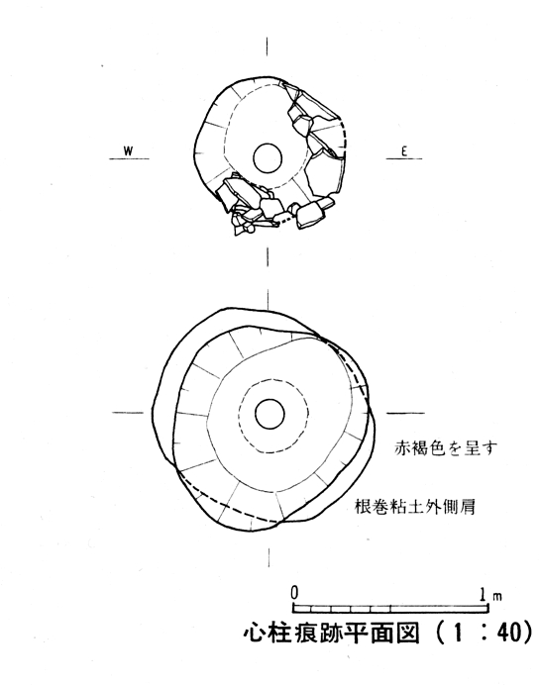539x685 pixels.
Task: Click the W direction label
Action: coord(128,151)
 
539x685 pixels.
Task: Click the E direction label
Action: coord(404,151)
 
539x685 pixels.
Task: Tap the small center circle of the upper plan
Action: coord(268,158)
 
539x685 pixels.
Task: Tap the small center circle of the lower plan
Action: coord(269,414)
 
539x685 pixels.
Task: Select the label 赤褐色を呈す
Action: coord(446,448)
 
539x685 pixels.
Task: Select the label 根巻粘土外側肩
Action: coord(414,507)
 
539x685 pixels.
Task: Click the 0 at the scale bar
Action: coord(294,593)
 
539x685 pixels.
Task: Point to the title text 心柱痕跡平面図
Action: coord(332,632)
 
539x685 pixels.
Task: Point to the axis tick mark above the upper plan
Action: coord(267,47)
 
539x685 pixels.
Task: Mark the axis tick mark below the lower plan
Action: coord(269,557)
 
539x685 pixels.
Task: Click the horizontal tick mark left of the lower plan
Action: coord(128,413)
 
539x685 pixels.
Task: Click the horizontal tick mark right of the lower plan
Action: coord(405,413)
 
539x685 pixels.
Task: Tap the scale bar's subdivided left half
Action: coord(342,609)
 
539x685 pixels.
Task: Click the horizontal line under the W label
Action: coord(129,158)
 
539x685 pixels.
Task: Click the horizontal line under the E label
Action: coord(404,158)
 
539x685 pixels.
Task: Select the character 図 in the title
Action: coord(408,632)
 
